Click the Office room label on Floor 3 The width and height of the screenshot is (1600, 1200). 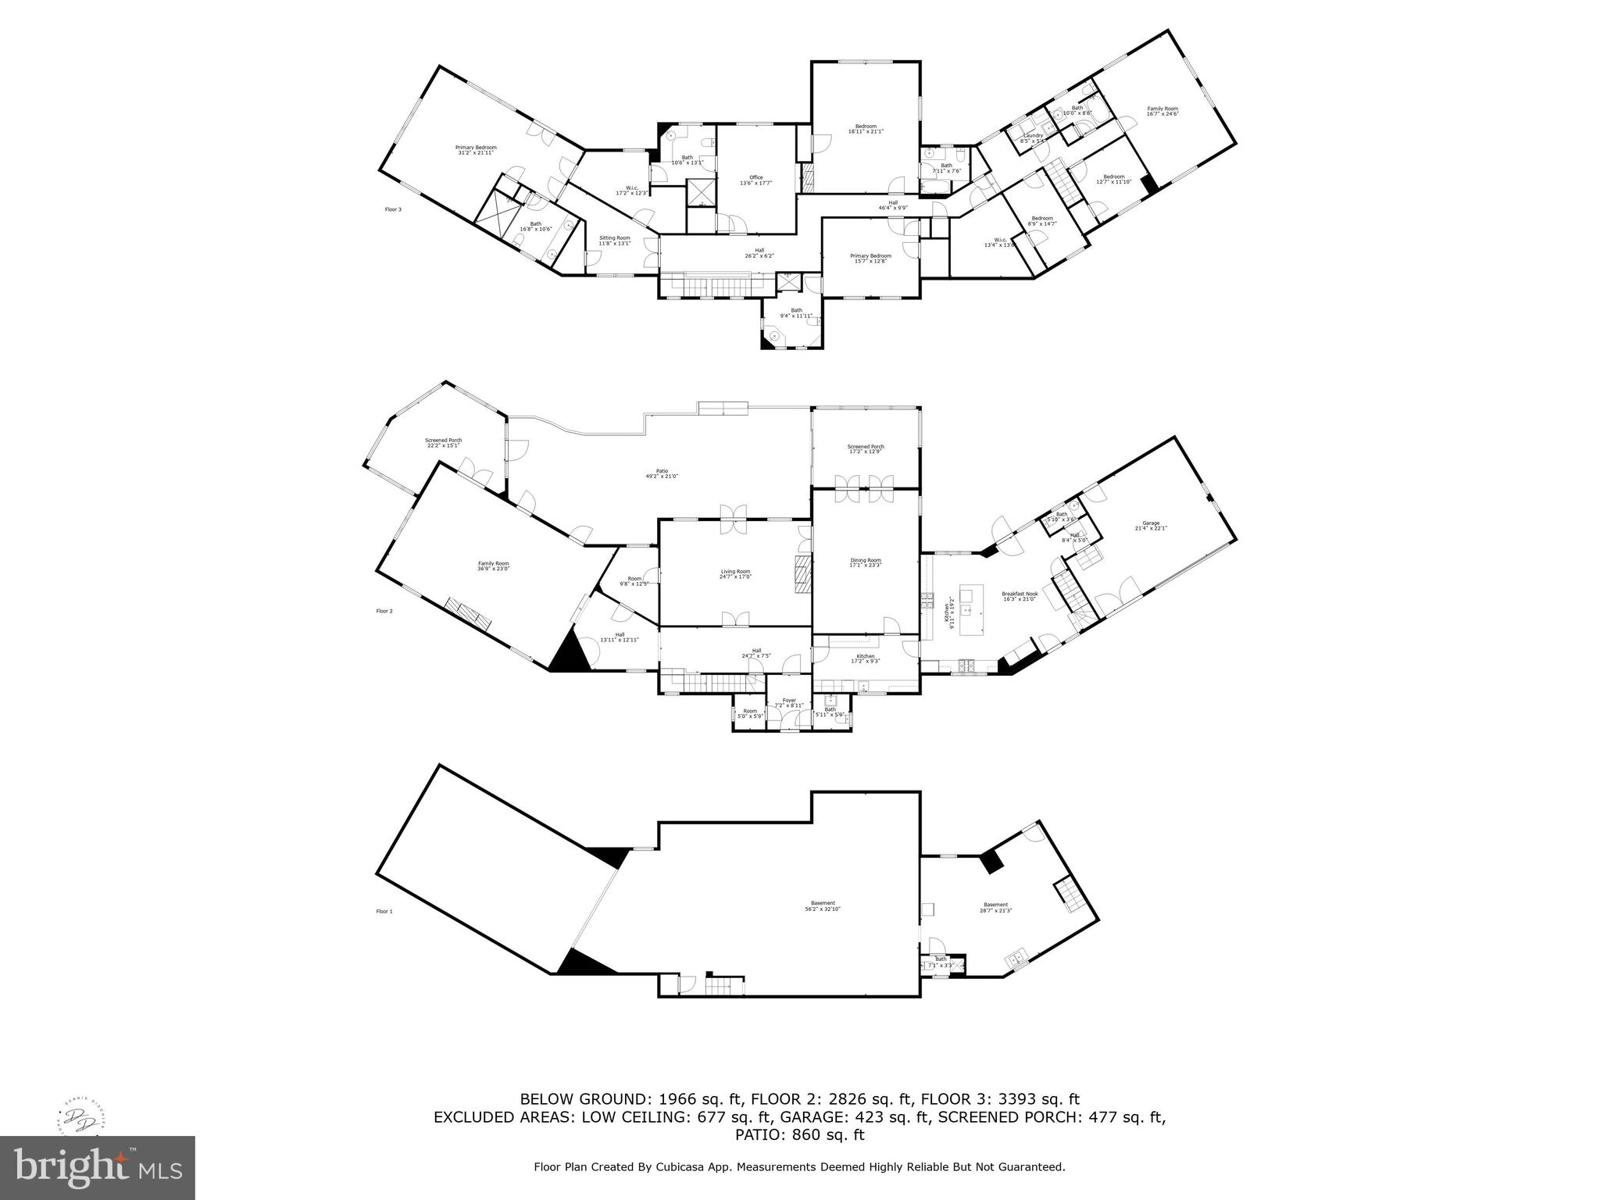(755, 180)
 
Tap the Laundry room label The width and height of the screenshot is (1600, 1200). (1033, 138)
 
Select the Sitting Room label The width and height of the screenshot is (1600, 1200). (614, 241)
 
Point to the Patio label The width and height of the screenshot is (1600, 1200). (662, 473)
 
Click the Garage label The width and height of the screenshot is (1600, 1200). (1150, 526)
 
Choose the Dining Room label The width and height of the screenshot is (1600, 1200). (866, 562)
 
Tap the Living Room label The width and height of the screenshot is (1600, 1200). (735, 574)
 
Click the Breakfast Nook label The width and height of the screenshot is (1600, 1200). (1019, 596)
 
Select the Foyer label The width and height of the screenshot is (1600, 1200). (789, 702)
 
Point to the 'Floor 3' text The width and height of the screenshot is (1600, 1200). (393, 209)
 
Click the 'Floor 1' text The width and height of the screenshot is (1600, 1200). (384, 912)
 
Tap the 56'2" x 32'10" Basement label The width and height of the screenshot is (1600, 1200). (823, 906)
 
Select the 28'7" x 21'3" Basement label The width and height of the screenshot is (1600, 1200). (995, 908)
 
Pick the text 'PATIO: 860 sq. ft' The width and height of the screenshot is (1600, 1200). (799, 1135)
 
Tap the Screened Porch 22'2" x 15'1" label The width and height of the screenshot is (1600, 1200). (443, 443)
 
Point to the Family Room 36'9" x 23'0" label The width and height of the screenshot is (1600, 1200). (493, 566)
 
